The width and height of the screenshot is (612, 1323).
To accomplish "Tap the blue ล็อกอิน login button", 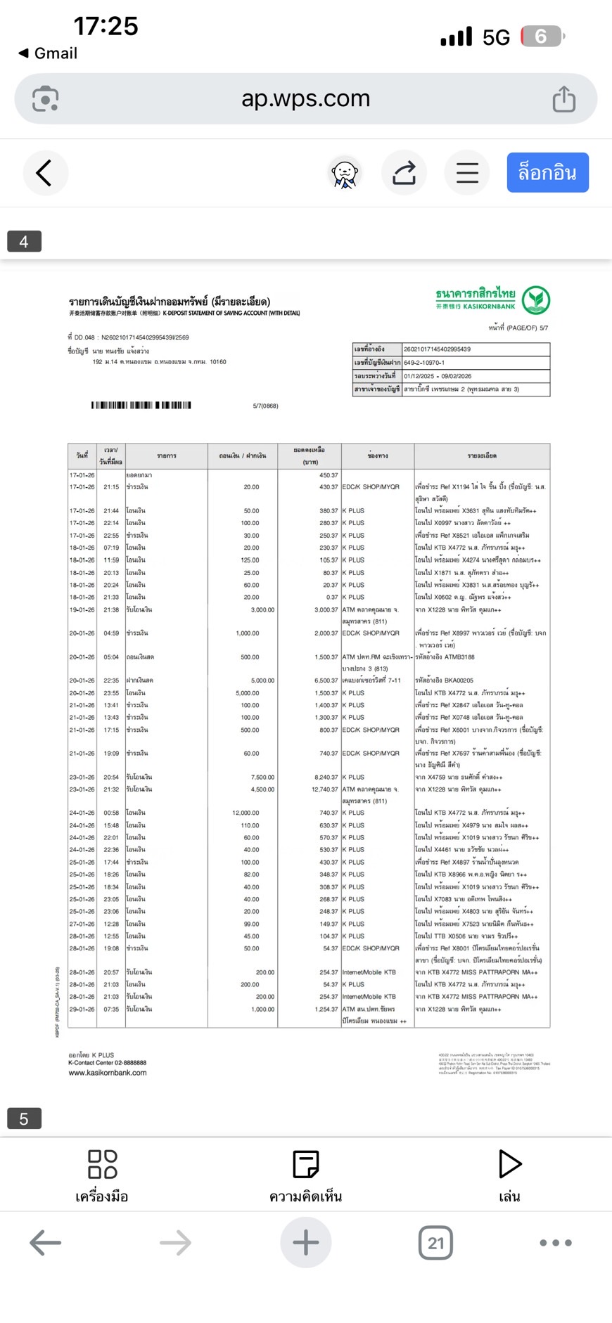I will click(547, 173).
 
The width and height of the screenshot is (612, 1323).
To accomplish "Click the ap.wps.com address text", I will click(305, 98).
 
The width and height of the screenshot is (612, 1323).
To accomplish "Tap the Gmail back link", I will click(48, 53).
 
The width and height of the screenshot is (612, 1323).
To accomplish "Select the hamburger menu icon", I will click(467, 173).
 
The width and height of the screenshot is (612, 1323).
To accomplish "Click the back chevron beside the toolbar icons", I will click(44, 173).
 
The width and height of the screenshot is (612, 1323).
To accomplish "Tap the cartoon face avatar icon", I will click(345, 173).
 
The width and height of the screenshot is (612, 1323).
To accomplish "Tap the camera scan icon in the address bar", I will click(46, 99).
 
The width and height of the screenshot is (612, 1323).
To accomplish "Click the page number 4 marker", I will click(24, 241).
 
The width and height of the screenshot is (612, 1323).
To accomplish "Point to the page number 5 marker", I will click(24, 1118).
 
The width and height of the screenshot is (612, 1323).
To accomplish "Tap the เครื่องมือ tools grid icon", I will click(102, 1164).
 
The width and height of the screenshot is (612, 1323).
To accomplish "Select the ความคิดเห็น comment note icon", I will click(305, 1164).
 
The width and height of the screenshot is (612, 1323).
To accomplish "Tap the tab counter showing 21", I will click(435, 1243).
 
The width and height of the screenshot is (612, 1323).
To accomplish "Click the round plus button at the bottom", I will click(305, 1243).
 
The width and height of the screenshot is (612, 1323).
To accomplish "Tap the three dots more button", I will click(556, 1243).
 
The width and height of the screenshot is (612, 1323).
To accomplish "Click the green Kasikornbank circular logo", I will click(536, 300).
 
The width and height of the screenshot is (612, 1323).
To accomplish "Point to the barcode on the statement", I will click(141, 405).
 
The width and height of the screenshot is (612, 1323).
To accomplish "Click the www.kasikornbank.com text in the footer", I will click(108, 1073).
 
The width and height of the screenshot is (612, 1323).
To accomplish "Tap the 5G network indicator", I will click(496, 37).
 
